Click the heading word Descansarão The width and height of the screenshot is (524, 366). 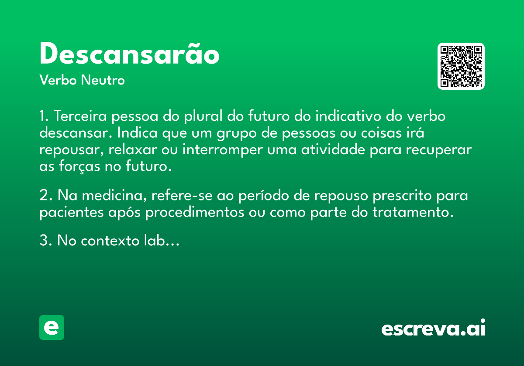(x=129, y=53)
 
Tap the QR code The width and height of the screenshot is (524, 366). (x=461, y=66)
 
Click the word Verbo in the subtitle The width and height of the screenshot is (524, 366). (x=58, y=80)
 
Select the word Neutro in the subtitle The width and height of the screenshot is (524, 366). (x=103, y=80)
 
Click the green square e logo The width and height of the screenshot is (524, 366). (x=52, y=327)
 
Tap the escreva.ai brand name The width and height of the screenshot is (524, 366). (x=433, y=328)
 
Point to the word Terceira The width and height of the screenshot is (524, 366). (x=80, y=116)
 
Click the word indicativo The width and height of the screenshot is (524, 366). (x=348, y=116)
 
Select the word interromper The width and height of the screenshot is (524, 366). (x=222, y=149)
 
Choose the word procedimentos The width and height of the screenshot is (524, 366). (x=195, y=213)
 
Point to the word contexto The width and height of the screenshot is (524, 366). (x=110, y=241)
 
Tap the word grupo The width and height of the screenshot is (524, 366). (x=237, y=133)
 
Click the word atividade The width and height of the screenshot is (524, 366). (x=333, y=149)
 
